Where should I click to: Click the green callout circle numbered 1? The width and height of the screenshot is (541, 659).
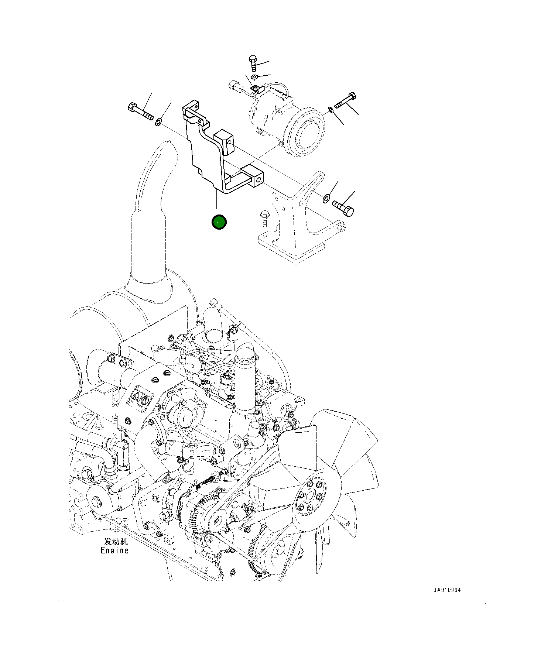pyautogui.click(x=219, y=222)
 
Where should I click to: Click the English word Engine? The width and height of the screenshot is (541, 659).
pyautogui.click(x=114, y=550)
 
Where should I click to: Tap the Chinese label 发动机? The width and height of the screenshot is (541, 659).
pyautogui.click(x=116, y=541)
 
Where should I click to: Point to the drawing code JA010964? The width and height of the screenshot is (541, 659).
pyautogui.click(x=447, y=590)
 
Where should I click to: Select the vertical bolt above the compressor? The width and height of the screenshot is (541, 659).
pyautogui.click(x=253, y=64)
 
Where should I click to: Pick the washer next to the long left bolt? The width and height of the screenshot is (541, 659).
pyautogui.click(x=158, y=121)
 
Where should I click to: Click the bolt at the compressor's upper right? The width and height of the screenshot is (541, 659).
pyautogui.click(x=346, y=101)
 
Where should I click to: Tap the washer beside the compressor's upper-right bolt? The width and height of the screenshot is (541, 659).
pyautogui.click(x=331, y=110)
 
